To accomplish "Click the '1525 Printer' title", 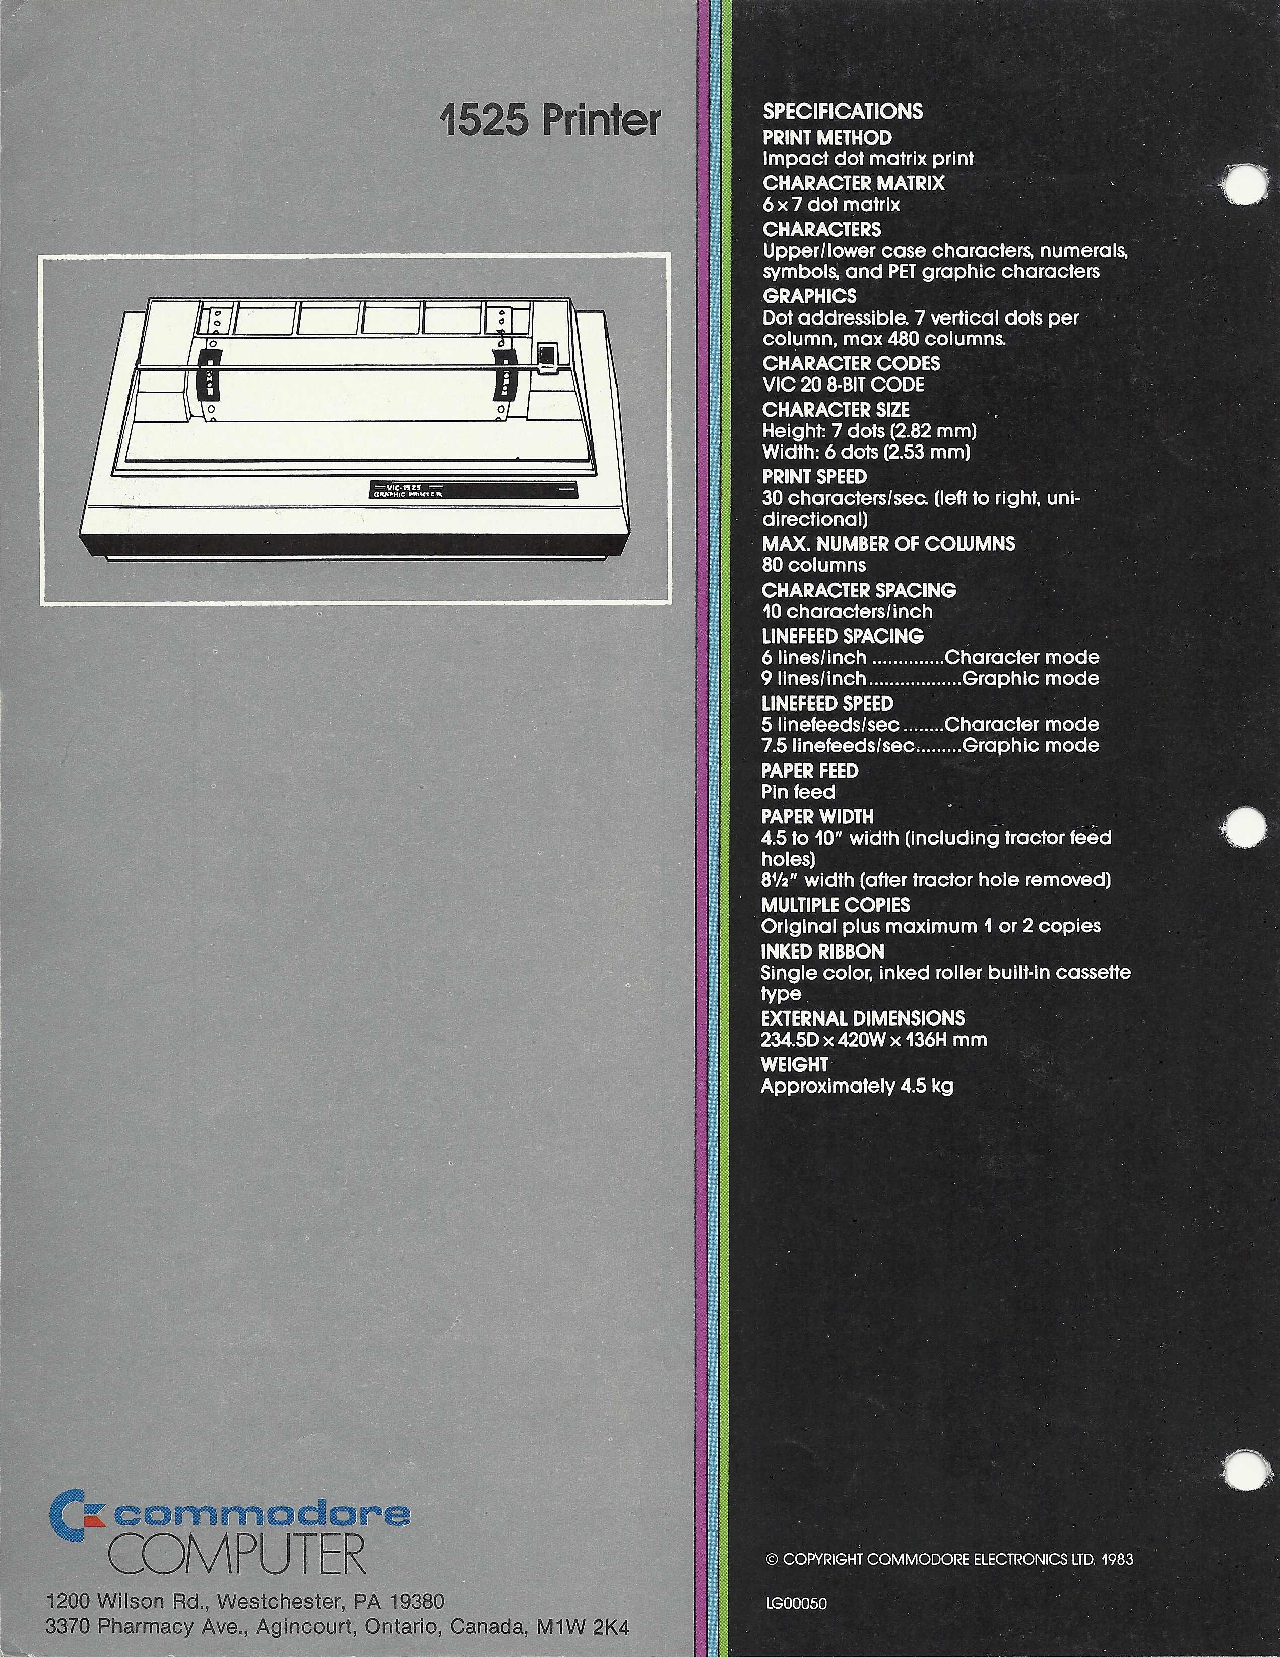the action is click(550, 121).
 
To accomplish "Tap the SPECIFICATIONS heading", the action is click(843, 111).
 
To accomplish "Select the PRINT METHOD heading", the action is click(827, 137).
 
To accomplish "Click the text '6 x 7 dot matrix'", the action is click(831, 204).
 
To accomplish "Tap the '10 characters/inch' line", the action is click(848, 611).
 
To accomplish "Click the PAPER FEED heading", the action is click(810, 771).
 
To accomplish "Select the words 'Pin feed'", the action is click(798, 792).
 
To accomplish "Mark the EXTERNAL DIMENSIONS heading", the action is click(863, 1018).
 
